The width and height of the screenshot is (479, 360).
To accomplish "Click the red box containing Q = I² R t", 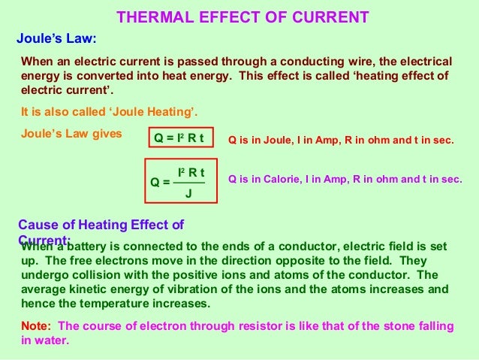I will pos(179,138).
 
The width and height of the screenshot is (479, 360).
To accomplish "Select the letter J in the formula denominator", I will pos(188,193).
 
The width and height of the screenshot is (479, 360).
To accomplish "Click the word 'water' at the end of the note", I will pos(52,340).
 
